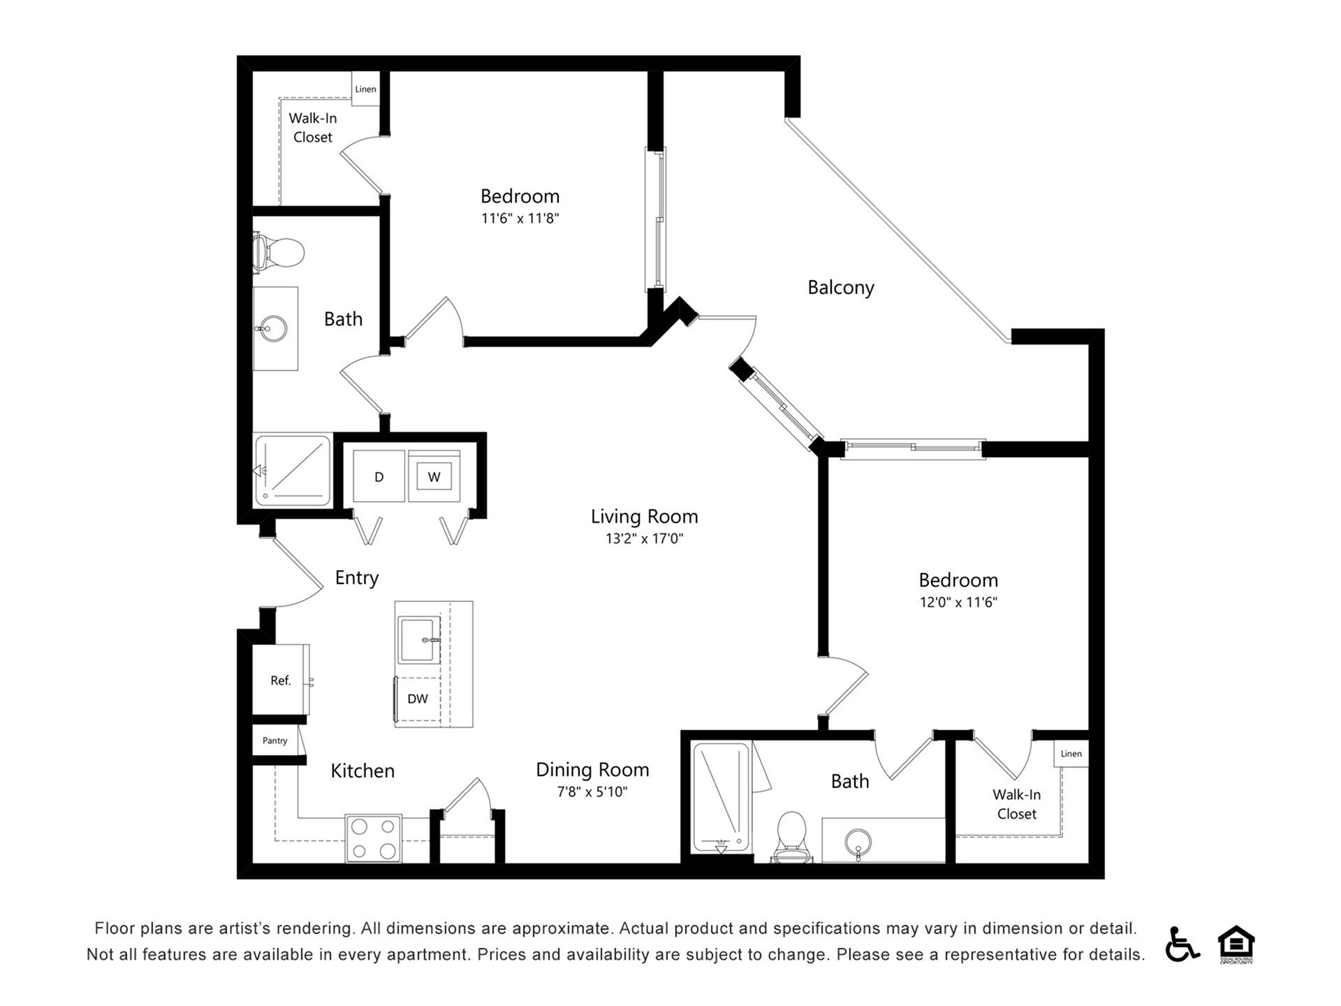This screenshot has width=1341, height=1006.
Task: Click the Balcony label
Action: pos(840,287)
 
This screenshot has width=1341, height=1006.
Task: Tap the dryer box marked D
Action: pos(379,476)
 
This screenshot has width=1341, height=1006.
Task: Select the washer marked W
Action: pos(434,477)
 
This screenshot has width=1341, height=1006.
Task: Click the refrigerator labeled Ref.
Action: pos(280,680)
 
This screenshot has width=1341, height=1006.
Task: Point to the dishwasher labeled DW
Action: pos(418,699)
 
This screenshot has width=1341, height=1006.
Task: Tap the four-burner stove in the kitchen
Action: pos(374,838)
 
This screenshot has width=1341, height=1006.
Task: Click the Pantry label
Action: pos(274,741)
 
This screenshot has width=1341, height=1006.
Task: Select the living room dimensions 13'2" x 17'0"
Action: pos(644,539)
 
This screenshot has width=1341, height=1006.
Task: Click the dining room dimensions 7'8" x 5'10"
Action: pos(592,792)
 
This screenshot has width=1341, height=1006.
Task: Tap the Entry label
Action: pos(356,578)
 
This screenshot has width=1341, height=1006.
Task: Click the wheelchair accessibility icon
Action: pos(1181,944)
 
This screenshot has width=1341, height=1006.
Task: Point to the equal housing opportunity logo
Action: pos(1236,944)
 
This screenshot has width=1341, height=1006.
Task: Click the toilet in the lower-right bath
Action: pos(791,835)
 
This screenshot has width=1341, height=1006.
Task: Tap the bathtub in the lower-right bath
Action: pos(721,796)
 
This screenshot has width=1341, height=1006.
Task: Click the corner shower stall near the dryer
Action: pos(292,469)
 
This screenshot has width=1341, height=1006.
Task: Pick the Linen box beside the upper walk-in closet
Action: pos(365,89)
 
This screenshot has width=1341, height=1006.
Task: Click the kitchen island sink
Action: pos(418,639)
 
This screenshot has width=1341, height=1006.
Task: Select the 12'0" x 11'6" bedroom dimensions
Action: pos(958,602)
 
